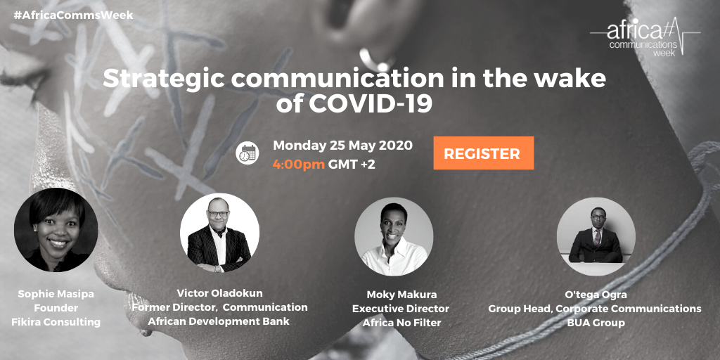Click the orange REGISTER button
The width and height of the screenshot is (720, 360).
click(484, 153)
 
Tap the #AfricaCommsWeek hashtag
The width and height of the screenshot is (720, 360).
click(73, 15)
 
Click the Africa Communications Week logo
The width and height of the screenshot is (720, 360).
click(645, 37)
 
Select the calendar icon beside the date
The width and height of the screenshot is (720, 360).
click(247, 153)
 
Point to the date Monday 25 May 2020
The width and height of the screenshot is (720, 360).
click(342, 145)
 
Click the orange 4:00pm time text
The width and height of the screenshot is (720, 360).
click(299, 164)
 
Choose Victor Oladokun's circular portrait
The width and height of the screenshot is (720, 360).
click(219, 232)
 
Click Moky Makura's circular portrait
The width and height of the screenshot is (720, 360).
click(394, 237)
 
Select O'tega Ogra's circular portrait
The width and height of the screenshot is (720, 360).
click(596, 236)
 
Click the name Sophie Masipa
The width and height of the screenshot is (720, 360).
click(56, 293)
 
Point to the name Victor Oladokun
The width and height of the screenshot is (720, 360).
click(219, 293)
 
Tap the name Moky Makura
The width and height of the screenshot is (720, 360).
click(401, 295)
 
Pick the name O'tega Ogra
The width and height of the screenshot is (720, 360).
click(595, 295)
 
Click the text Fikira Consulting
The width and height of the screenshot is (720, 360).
click(56, 322)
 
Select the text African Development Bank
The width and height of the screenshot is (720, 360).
click(219, 321)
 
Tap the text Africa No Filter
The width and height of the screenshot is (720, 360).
click(401, 323)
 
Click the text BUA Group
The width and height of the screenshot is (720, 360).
click(595, 323)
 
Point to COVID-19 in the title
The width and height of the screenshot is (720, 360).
click(371, 104)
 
